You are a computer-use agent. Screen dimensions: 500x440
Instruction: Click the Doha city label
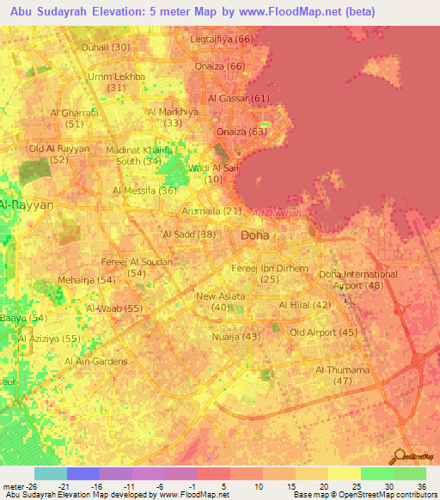[x=254, y=235]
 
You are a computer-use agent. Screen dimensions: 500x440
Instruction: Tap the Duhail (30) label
[x=106, y=46]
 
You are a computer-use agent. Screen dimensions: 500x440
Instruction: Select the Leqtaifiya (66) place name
[x=222, y=39]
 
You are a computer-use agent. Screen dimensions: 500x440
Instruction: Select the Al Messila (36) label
[x=145, y=190]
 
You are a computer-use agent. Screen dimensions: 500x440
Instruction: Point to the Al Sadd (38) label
[x=188, y=234]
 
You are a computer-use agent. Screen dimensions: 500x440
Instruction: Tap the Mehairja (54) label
[x=86, y=280]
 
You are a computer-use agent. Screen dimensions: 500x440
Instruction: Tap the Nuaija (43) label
[x=235, y=336]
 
